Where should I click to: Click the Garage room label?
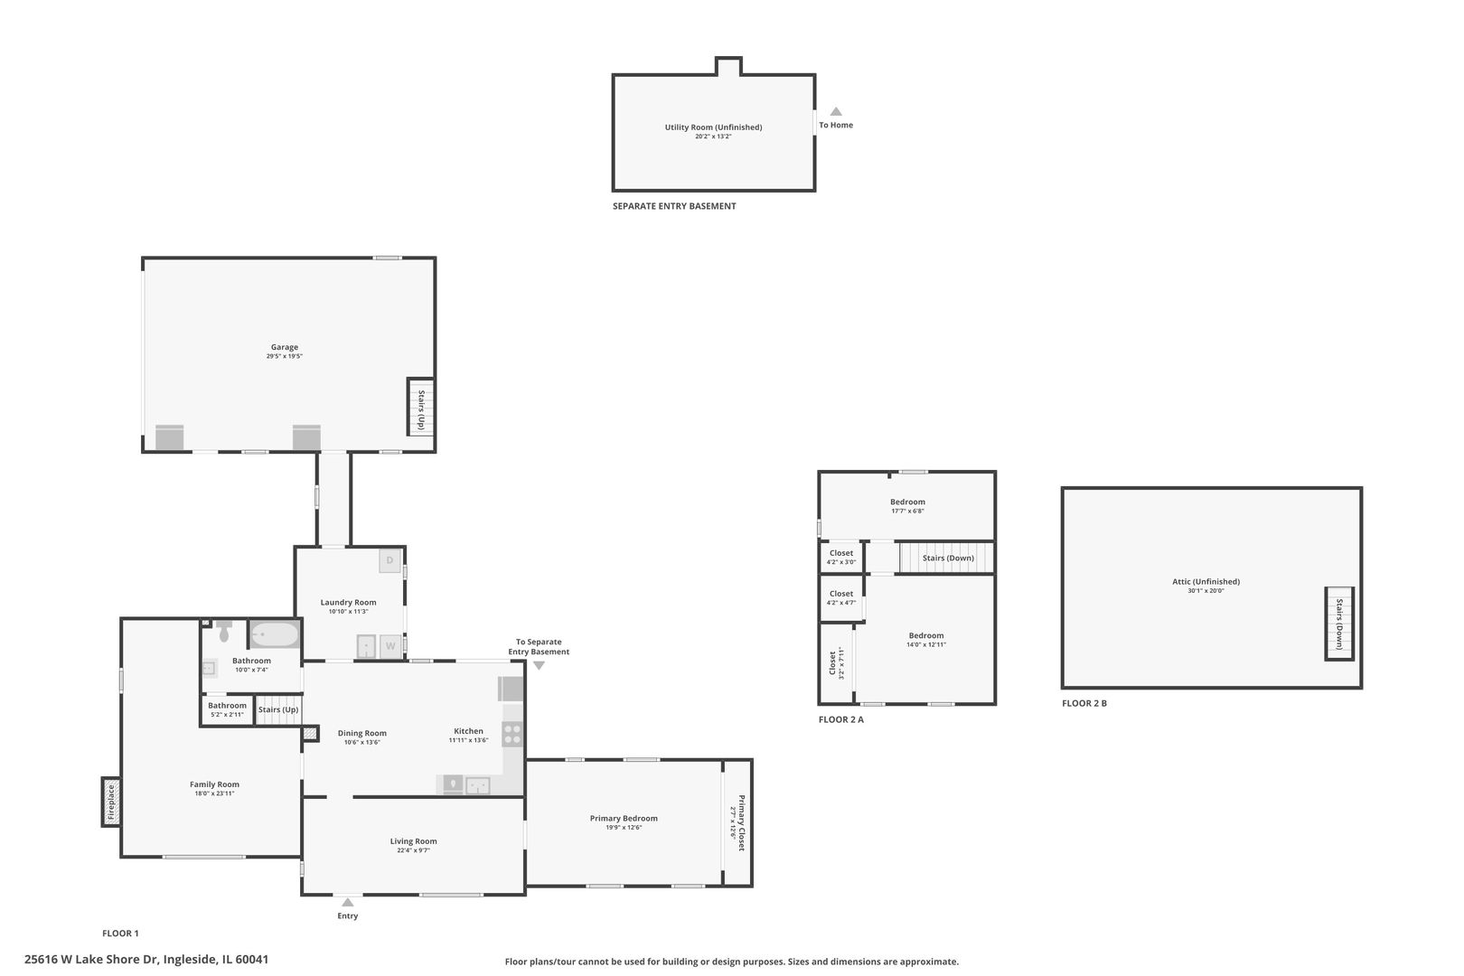[x=285, y=347]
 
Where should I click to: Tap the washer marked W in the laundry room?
[x=390, y=646]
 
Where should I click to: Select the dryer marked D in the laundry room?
[x=389, y=560]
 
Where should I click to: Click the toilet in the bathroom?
[x=224, y=632]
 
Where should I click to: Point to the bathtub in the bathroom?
[x=275, y=634]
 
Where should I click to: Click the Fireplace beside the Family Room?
[x=111, y=802]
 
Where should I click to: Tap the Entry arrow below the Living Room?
[x=348, y=902]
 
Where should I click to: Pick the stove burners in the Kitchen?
[x=512, y=734]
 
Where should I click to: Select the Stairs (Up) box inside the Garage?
[x=421, y=407]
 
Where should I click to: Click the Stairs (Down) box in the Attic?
[x=1339, y=624]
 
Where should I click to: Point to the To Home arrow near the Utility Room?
[x=836, y=112]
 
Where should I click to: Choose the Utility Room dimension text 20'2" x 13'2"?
[x=713, y=136]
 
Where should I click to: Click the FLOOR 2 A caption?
[x=841, y=719]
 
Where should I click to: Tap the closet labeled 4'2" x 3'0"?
[x=841, y=557]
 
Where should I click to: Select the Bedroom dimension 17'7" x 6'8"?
[x=907, y=511]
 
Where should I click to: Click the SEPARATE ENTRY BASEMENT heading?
[x=674, y=206]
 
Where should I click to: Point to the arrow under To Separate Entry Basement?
[x=539, y=665]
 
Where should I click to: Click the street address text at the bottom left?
[x=146, y=960]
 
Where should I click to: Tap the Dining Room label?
[x=362, y=734]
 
